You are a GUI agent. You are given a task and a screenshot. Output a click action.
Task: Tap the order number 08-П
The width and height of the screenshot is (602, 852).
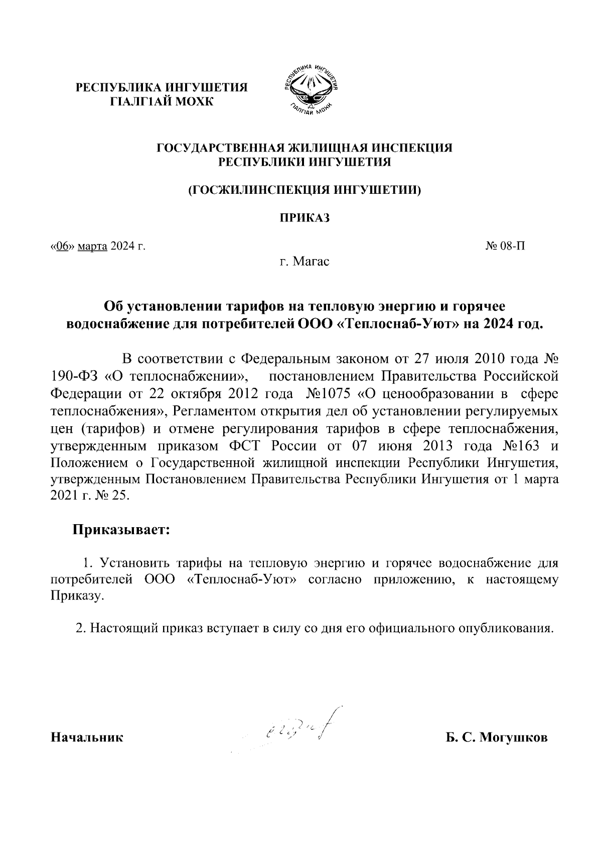[x=513, y=247]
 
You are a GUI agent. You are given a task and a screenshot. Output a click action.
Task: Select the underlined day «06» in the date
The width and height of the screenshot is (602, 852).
[x=61, y=247]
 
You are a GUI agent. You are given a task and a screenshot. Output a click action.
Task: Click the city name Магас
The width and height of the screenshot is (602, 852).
[x=311, y=262]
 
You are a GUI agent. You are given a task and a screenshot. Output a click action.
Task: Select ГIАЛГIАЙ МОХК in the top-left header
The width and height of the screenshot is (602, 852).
[x=162, y=102]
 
